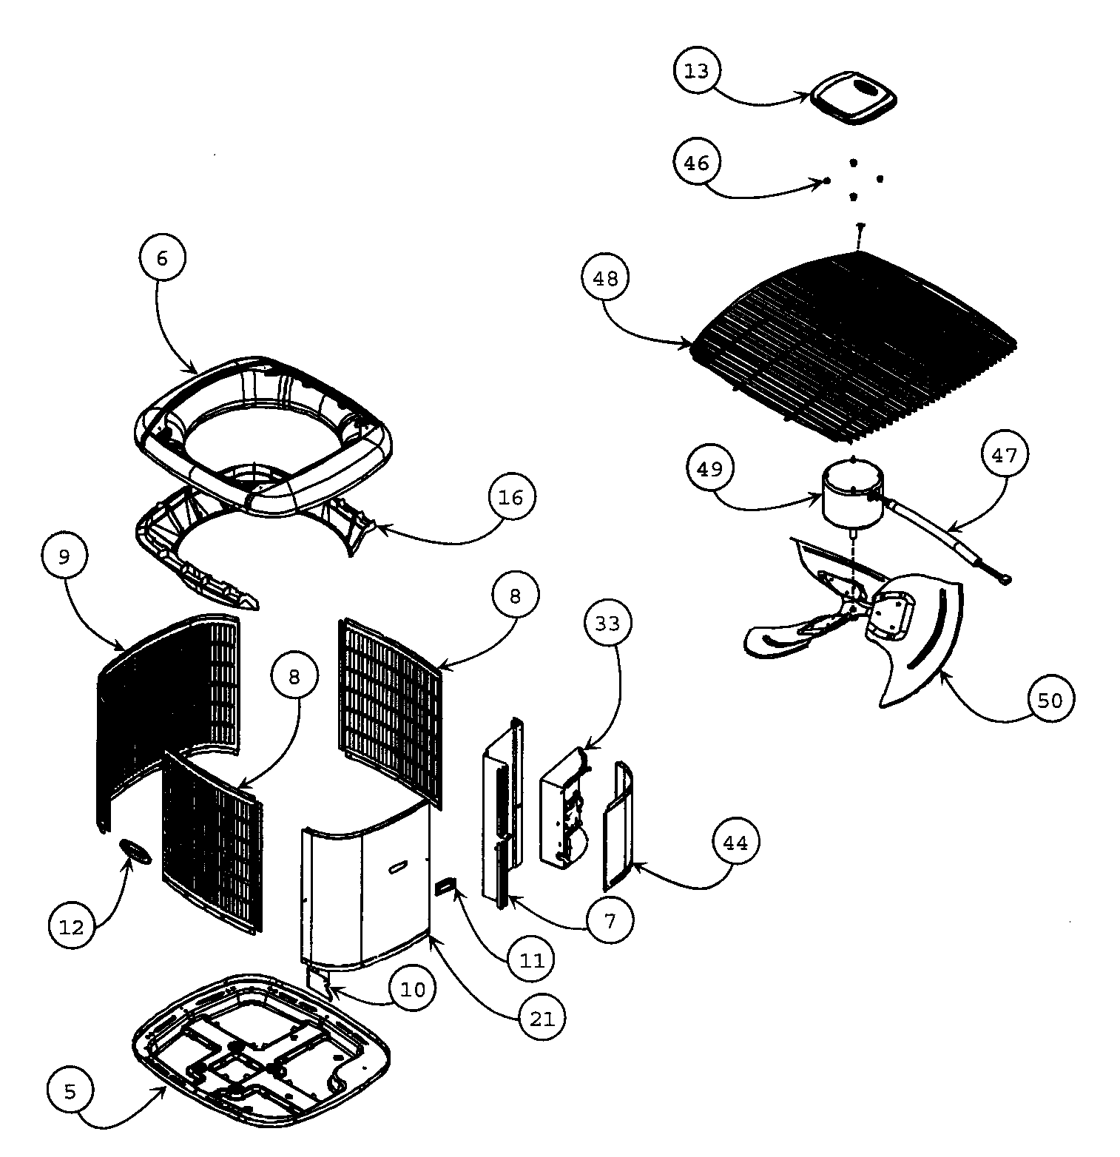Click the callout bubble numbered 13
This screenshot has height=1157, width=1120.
696,71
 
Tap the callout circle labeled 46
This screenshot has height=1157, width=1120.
696,163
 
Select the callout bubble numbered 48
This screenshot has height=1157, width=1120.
605,278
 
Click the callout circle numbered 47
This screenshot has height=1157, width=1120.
1005,455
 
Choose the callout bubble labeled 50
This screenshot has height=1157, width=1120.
1050,700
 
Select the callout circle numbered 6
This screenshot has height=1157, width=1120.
162,258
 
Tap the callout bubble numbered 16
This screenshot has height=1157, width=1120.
510,497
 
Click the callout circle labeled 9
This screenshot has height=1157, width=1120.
64,556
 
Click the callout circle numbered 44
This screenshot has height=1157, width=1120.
735,843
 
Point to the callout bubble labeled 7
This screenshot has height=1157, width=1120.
610,920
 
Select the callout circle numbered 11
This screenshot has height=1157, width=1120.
531,960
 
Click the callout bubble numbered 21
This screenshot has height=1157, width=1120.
542,1019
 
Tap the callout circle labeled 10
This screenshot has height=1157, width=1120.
414,989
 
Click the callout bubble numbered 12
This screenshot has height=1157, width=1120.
72,926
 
